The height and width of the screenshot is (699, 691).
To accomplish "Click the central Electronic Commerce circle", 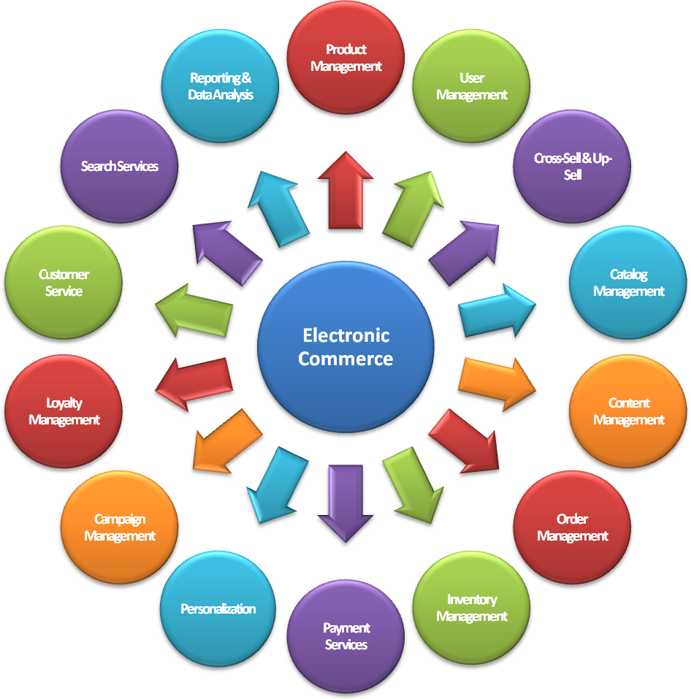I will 345,347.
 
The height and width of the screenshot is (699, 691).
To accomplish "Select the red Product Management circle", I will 345,58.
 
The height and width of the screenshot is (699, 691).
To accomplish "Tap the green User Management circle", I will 472,86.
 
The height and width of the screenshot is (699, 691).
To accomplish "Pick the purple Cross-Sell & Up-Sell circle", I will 572,167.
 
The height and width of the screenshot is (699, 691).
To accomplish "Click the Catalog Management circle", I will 628,283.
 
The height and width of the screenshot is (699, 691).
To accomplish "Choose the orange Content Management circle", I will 628,411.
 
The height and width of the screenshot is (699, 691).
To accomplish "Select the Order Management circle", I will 572,527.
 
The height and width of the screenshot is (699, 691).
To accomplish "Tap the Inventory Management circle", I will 472,608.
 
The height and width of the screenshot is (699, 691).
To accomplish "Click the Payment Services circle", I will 345,636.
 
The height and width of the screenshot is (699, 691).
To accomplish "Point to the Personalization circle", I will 218,608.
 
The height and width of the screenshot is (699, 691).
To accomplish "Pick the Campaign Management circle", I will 119,527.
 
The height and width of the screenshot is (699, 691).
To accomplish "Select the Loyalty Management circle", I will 64,411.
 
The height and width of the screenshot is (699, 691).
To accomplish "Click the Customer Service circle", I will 64,283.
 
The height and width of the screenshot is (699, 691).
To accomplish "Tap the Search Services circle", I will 119,167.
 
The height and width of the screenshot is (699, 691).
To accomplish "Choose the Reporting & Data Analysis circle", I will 220,86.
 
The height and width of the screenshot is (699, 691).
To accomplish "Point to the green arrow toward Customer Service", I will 194,310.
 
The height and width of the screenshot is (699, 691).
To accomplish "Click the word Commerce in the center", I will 345,359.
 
